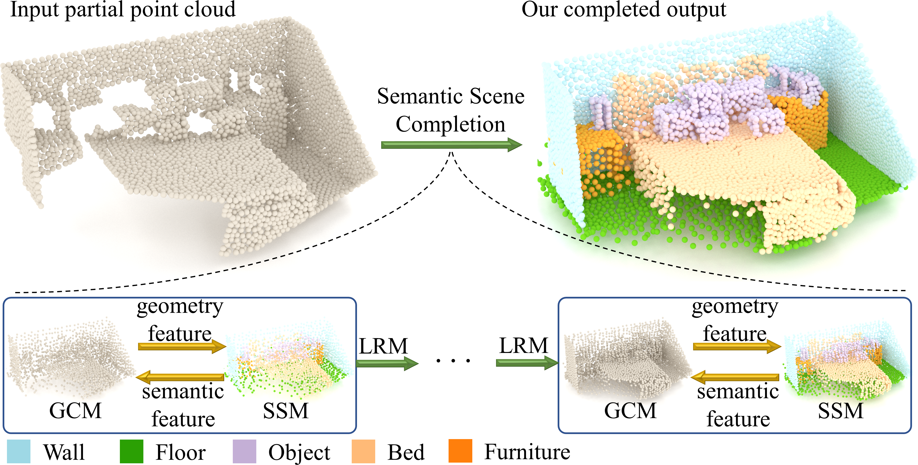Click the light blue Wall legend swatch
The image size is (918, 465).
pos(18,451)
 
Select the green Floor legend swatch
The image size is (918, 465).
pos(131,451)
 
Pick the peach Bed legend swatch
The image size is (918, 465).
pos(363,451)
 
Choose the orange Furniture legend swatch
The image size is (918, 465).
pos(460,451)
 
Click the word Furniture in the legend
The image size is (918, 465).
pos(527,452)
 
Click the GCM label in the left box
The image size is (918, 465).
pos(75,411)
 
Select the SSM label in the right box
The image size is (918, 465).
pos(840,411)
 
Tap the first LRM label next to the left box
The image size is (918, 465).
pos(383,346)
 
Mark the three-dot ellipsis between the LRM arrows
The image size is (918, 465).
pos(453,361)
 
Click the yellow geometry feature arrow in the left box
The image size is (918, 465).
pos(182,346)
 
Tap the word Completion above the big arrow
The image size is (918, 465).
pos(450,124)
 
